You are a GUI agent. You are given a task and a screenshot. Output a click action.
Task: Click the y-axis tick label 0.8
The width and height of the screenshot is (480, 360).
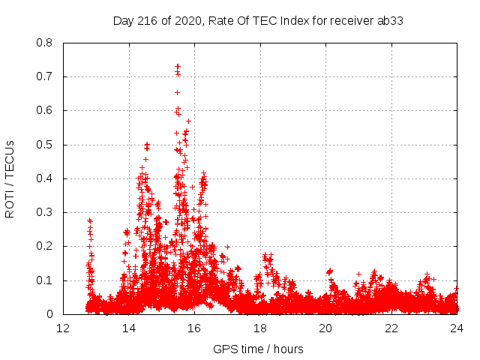pos(46,43)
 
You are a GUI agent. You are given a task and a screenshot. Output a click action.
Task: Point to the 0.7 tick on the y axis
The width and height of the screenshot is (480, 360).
pos(46,76)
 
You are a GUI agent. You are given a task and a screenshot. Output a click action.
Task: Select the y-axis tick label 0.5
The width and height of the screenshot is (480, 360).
pos(46,145)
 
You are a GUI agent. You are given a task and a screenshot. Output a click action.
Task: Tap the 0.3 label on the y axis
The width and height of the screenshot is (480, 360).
pos(46,212)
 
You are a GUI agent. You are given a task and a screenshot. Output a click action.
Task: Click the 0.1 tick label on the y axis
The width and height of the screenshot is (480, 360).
pos(46,280)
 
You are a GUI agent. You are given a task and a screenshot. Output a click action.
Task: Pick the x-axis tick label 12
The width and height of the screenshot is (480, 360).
pos(64,328)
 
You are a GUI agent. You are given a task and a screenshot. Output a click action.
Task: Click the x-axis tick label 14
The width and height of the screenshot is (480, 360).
pos(129,328)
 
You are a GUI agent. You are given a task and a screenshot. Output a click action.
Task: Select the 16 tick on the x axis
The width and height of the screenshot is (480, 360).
pos(194,328)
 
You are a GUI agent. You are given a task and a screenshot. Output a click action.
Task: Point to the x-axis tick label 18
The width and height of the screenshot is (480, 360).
pos(260,328)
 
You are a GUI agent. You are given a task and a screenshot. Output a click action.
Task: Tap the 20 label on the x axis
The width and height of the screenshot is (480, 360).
pos(325,328)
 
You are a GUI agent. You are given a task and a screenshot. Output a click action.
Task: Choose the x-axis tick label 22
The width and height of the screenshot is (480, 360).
pos(391,328)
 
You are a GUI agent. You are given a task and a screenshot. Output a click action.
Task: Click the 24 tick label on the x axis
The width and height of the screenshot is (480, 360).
pos(456,328)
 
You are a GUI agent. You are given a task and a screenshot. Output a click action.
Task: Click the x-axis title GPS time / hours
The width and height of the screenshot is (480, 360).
pos(259,349)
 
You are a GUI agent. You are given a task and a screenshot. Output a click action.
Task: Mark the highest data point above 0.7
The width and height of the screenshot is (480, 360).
pos(178,66)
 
